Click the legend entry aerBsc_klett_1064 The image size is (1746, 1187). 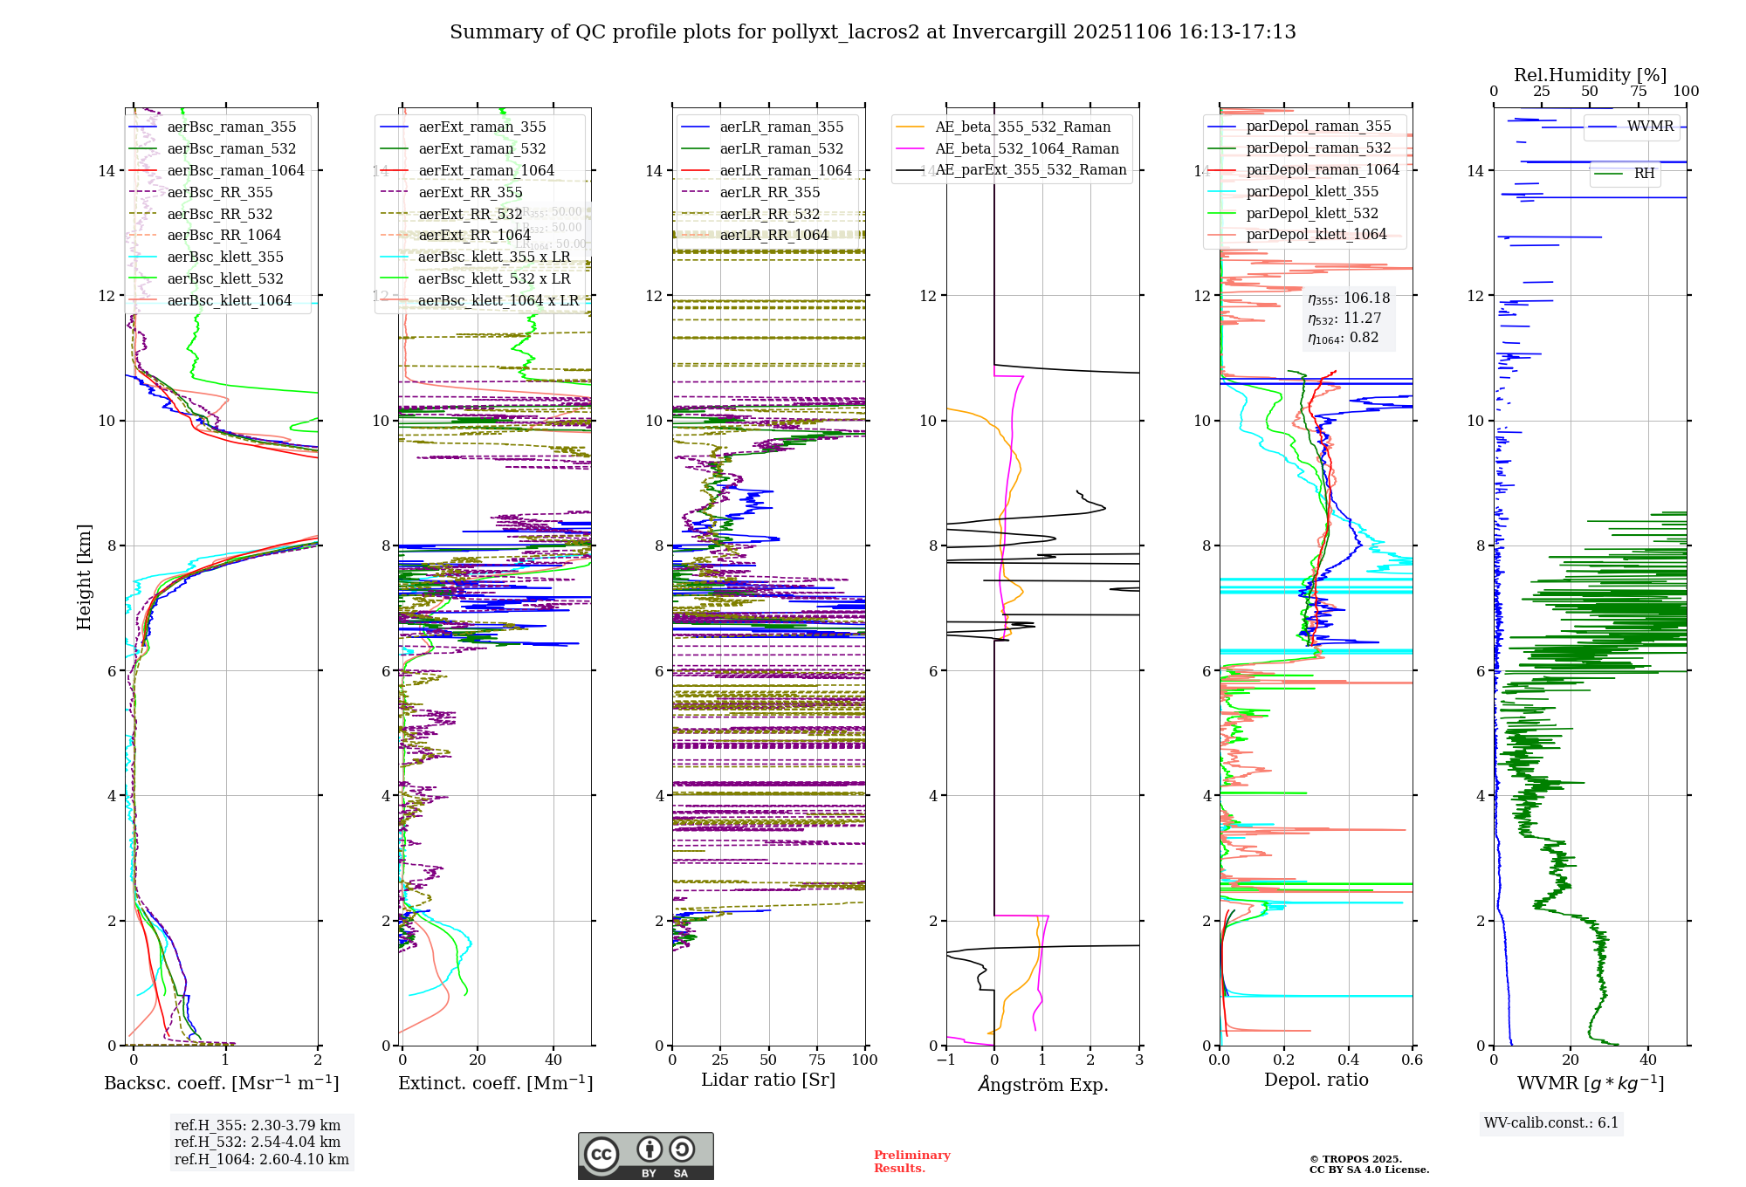229,300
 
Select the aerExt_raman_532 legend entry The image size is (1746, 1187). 482,148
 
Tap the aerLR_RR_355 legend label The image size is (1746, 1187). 769,192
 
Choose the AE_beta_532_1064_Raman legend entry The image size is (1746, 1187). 1027,148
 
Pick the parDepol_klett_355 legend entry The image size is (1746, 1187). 1312,191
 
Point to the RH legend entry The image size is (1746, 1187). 1644,174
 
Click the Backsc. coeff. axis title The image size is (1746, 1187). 222,1083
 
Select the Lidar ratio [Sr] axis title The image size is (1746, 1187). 768,1080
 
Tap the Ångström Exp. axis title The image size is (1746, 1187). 1043,1084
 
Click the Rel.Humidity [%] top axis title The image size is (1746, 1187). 1590,75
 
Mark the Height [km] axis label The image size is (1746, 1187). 84,576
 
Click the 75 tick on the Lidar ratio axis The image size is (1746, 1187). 817,1060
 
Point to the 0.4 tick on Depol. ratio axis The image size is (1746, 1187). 1348,1060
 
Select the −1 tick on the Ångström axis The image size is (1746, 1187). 945,1060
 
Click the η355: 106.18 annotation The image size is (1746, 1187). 1349,298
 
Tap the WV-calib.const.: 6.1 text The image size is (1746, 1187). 1551,1123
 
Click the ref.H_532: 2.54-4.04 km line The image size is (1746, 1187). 258,1142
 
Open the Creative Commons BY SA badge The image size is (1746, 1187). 645,1156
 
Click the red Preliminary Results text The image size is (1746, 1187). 911,1161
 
